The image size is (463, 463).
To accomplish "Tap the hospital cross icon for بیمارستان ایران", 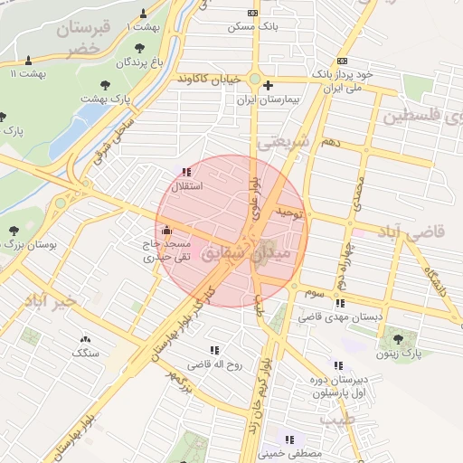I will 268,86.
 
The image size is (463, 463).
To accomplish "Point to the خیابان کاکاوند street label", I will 210,79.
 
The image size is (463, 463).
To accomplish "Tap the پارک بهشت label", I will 106,97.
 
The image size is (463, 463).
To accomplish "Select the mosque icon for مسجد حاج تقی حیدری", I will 166,231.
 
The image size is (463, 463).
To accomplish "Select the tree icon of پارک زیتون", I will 398,338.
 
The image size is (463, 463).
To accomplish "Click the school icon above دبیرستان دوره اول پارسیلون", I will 338,365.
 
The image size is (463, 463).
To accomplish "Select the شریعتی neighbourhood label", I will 284,141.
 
